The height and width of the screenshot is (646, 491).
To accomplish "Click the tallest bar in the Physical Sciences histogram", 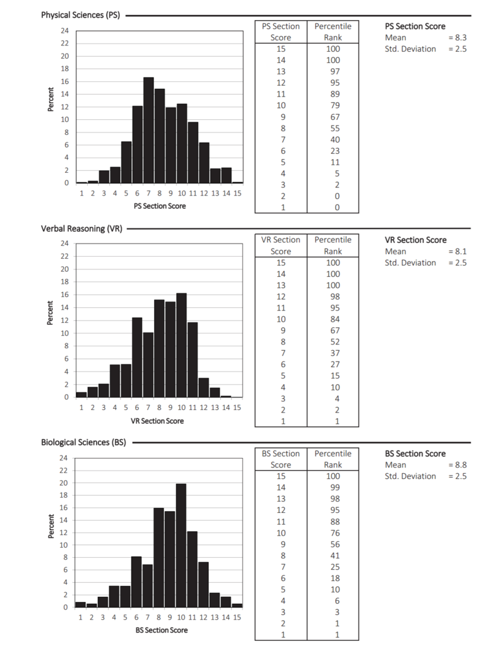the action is pos(148,130).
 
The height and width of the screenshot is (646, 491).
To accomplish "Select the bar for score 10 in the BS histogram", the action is pos(181,546).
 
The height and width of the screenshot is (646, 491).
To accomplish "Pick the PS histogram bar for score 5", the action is pos(126,162).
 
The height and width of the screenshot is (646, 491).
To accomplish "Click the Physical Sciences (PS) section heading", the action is pos(80,15).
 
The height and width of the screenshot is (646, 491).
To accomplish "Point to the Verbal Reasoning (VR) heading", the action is pos(81,228).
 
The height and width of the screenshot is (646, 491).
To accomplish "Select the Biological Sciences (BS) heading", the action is pos(83,442).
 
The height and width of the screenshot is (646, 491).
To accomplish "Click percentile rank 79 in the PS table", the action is pos(334,105).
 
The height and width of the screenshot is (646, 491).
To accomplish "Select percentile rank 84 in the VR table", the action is pos(334,319).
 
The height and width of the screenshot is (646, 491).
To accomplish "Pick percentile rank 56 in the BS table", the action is pos(334,544).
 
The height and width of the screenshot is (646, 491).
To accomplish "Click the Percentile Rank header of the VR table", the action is pos(333,245).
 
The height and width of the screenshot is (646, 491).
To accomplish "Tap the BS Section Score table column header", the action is pos(281,459).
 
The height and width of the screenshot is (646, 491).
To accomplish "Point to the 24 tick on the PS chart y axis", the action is pos(65,31).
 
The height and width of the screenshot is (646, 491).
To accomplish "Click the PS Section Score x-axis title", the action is pos(160,206).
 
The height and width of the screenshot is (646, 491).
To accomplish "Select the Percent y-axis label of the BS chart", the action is pos(50,526).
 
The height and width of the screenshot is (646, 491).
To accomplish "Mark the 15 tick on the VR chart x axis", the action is pos(237,408).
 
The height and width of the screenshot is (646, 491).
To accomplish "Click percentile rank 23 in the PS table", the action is pos(334,151).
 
